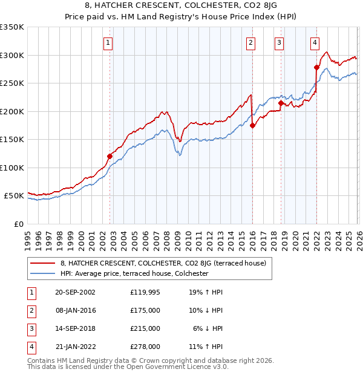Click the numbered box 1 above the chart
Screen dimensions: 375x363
[108, 42]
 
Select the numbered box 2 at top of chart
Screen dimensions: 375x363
[250, 42]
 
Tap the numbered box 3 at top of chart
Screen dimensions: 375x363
[279, 42]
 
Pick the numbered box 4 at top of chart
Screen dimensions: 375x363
[315, 42]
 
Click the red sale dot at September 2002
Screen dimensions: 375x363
[110, 156]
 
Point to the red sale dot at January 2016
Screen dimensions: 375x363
[252, 125]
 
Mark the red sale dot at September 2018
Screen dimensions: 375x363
[281, 103]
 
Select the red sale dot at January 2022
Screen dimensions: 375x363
[316, 67]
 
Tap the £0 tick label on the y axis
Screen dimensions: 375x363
[19, 224]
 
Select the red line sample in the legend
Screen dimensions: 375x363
[43, 263]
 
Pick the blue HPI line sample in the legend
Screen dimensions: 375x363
[43, 273]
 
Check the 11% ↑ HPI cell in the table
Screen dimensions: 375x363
[208, 347]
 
